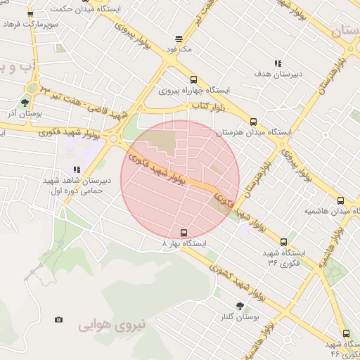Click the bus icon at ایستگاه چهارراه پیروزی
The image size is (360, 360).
(x=193, y=79)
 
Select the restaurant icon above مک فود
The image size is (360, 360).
(x=179, y=39)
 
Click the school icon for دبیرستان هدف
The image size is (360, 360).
(x=278, y=63)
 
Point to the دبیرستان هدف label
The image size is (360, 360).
(x=278, y=73)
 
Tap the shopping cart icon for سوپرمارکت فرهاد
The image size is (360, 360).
(x=30, y=14)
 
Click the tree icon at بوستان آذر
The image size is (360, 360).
(x=25, y=103)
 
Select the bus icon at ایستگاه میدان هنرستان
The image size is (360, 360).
(x=254, y=121)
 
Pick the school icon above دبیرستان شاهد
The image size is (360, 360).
(x=77, y=169)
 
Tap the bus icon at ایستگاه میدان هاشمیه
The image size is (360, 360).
(x=341, y=200)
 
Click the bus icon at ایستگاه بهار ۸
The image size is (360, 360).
(x=184, y=233)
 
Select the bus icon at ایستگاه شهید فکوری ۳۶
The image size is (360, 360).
(x=283, y=242)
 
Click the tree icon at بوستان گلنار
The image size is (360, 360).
(x=240, y=306)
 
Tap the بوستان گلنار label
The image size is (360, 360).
(x=239, y=317)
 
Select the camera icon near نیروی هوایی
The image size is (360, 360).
(x=58, y=320)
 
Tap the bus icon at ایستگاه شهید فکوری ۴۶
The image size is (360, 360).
(x=345, y=333)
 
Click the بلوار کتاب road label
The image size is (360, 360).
(x=207, y=105)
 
